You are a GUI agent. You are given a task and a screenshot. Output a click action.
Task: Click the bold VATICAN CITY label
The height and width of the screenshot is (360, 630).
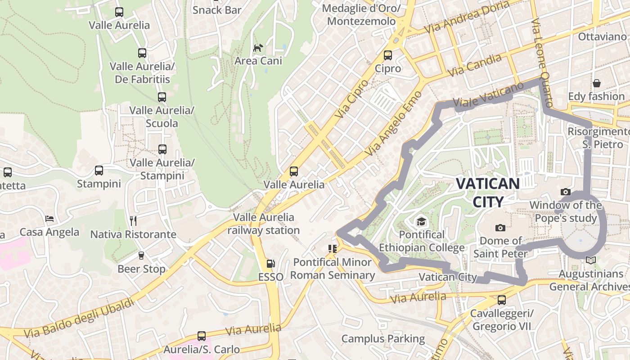tap(488, 192)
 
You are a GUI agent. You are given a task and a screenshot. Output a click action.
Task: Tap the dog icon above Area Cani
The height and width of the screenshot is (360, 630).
tap(258, 48)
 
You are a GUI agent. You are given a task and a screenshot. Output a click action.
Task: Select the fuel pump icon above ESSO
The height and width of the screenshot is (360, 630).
tap(270, 264)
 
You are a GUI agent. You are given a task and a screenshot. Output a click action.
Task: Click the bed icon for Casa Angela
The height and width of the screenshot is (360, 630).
tap(49, 219)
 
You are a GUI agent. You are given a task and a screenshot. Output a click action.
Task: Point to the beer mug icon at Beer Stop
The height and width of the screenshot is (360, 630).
tap(141, 256)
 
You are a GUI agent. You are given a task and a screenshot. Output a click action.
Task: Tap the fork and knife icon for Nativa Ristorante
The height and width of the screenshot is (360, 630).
tap(133, 220)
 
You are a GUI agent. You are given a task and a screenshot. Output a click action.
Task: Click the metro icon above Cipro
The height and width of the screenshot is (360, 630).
tap(387, 55)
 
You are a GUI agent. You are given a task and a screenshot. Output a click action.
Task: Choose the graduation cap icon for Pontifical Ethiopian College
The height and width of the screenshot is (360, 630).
tap(421, 221)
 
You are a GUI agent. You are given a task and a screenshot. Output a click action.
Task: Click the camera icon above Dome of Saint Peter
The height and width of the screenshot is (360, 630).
tap(500, 228)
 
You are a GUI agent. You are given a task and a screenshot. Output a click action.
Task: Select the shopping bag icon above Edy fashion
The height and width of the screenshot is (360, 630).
tap(596, 83)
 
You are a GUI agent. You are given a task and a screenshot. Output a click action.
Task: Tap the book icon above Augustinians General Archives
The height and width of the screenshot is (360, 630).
tap(590, 261)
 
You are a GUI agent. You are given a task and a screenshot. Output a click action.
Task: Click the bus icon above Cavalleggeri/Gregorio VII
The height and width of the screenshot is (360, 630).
tap(502, 300)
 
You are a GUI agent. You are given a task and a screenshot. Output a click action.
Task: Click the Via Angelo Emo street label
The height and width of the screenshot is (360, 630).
tap(394, 123)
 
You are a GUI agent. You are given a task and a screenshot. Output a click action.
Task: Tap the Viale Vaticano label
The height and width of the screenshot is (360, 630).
tap(488, 95)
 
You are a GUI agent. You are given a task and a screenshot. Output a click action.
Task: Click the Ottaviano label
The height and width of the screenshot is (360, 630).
tap(602, 36)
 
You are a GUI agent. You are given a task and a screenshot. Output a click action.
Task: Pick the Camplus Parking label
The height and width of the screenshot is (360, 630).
tap(383, 338)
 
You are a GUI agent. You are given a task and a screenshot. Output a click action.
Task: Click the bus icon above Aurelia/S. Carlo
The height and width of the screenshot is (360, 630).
tap(201, 336)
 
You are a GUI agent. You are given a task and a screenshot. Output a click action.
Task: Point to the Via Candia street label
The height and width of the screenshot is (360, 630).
tap(475, 65)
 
